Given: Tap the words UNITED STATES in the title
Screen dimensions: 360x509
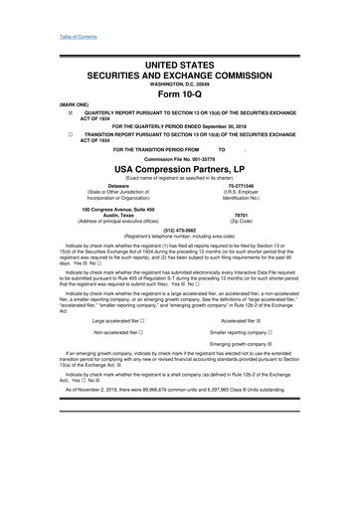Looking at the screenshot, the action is (180, 63).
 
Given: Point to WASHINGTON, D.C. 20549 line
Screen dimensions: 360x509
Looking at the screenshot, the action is (179, 85).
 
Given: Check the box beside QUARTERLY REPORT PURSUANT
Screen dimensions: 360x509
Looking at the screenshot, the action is (41, 114).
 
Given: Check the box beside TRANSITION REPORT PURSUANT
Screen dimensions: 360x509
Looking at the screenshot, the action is (41, 134).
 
